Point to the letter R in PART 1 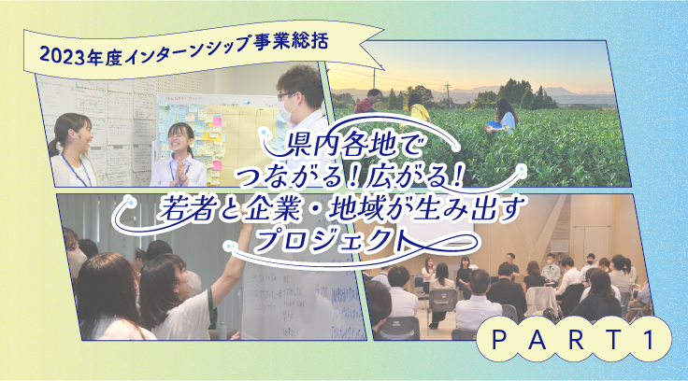(576, 340)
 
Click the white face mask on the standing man (287, 109)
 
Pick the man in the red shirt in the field (367, 102)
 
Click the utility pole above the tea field (447, 95)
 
